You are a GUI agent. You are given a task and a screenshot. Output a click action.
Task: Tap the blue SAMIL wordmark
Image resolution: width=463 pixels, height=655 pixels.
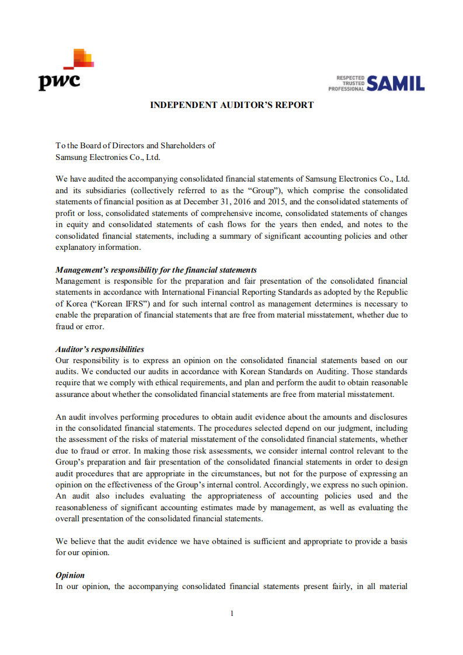[x=396, y=83]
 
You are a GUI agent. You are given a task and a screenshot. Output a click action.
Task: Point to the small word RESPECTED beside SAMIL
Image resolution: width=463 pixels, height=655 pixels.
[x=350, y=78]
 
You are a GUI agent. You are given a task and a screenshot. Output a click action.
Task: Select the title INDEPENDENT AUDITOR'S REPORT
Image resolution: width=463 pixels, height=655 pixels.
[x=232, y=105]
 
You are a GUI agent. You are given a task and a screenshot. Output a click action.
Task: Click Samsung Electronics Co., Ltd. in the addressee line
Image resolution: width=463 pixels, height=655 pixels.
[x=107, y=157]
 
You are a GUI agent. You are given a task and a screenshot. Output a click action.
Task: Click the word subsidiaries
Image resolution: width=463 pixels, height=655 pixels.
[x=106, y=190]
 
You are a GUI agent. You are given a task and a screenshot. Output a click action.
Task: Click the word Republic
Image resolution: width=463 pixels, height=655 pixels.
[x=394, y=292]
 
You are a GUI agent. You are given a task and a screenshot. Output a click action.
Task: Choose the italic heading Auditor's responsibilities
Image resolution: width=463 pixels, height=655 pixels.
[x=100, y=349]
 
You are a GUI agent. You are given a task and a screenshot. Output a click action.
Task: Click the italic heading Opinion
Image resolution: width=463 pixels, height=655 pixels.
[x=70, y=575]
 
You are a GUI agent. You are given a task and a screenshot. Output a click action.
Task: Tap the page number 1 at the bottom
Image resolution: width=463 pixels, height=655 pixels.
[x=232, y=613]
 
